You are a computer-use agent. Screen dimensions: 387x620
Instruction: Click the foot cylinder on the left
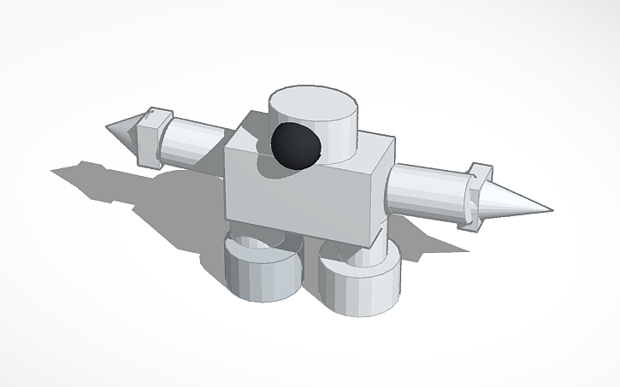pyautogui.click(x=261, y=273)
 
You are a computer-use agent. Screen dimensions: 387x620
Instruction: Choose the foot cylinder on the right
pyautogui.click(x=359, y=286)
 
